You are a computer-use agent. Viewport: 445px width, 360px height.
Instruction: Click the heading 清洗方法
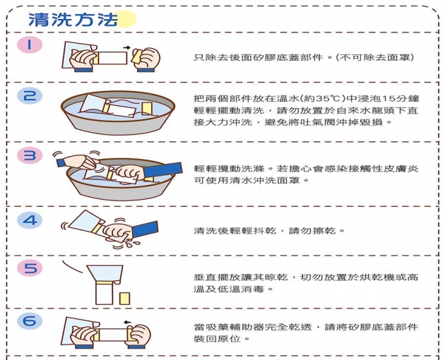point(72,19)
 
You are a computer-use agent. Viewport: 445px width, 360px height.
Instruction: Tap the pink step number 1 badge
point(30,45)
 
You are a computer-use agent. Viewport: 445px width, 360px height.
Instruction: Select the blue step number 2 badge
point(30,96)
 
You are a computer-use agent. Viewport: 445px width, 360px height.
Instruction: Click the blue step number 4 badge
point(30,220)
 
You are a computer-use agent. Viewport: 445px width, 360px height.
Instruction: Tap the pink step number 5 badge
point(30,269)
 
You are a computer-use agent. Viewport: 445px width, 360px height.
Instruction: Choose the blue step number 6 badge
point(30,321)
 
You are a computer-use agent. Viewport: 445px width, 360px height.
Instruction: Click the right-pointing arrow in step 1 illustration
point(126,47)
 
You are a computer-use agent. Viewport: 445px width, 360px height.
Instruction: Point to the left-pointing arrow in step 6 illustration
point(126,323)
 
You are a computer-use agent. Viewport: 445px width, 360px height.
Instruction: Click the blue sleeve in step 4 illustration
point(145,229)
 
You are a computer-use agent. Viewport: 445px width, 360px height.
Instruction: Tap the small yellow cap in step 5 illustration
point(125,297)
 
